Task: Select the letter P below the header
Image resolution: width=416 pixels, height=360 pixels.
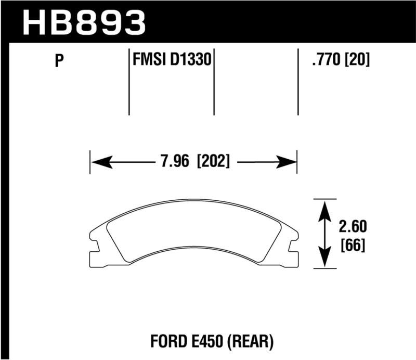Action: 59,62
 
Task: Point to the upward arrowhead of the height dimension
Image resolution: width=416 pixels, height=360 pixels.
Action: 325,208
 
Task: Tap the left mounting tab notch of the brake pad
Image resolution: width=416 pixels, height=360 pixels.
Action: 94,244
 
